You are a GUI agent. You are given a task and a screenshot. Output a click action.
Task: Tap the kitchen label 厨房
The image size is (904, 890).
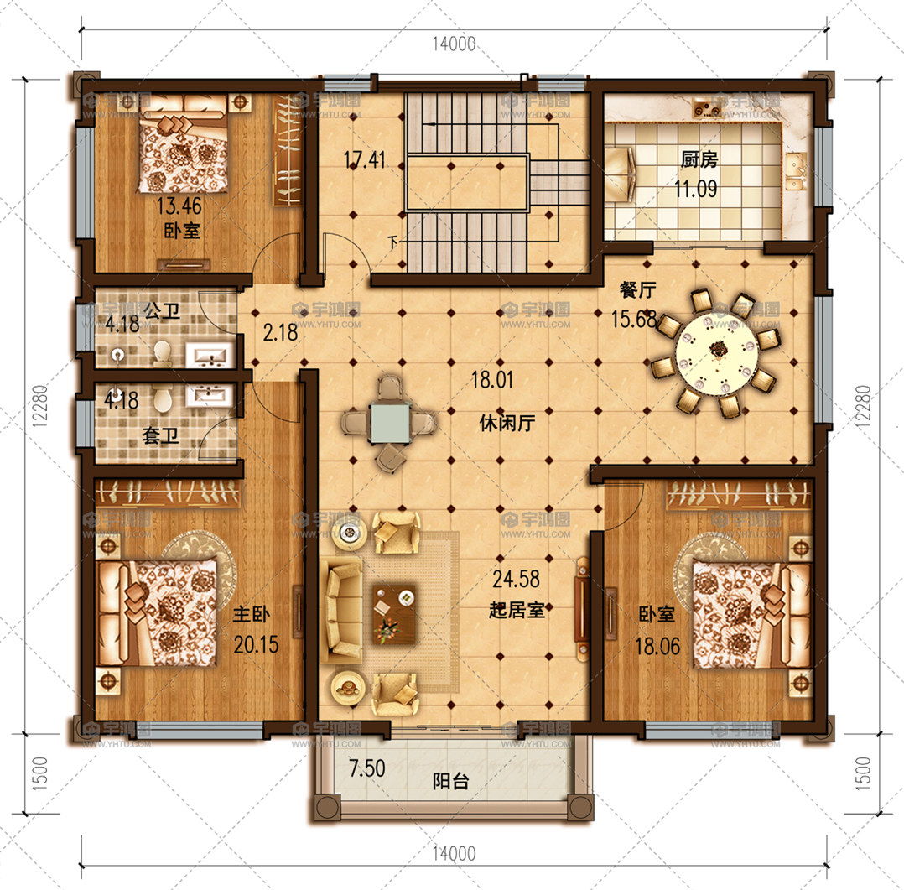[x=699, y=159]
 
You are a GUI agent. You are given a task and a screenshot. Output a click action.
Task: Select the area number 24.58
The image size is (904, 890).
[x=516, y=579]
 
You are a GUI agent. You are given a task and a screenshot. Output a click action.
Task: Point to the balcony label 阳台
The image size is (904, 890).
[x=451, y=782]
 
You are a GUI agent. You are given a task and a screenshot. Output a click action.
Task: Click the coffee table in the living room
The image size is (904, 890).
[x=394, y=614]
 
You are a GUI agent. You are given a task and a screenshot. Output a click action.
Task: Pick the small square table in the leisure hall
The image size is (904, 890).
[x=390, y=423]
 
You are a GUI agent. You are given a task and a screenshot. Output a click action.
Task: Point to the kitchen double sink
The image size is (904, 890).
[x=796, y=172]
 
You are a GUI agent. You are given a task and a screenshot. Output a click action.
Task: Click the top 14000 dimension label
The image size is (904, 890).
[x=455, y=44]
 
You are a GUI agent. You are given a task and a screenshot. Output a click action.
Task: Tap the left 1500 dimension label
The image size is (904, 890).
[x=39, y=773]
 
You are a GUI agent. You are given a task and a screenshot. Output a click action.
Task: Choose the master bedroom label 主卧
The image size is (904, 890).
[x=251, y=614]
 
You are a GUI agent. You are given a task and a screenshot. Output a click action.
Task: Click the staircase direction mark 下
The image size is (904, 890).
[x=392, y=242]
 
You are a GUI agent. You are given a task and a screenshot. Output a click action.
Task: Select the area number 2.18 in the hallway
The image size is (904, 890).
[x=280, y=332]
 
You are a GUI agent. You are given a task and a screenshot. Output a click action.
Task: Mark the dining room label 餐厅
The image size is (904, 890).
[x=637, y=289]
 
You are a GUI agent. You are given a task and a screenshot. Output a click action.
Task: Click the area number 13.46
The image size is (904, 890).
[x=179, y=206]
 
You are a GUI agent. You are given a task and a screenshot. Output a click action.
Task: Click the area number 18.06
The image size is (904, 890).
[x=657, y=646]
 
